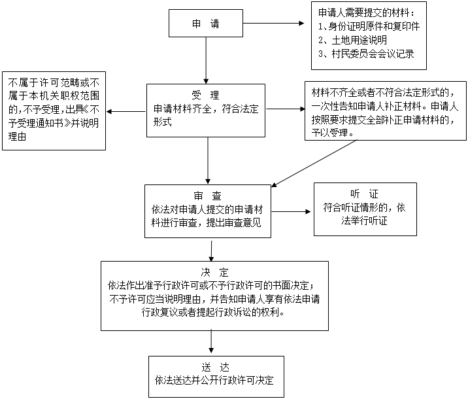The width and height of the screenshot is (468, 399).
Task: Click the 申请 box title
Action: pyautogui.click(x=206, y=24)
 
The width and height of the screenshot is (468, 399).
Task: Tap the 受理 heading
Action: pyautogui.click(x=205, y=95)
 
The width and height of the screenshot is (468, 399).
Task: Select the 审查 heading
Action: pyautogui.click(x=207, y=196)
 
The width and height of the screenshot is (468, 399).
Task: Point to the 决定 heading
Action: pyautogui.click(x=214, y=272)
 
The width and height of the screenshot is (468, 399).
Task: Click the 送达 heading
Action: pyautogui.click(x=215, y=367)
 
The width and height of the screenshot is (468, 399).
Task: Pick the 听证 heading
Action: pyautogui.click(x=364, y=194)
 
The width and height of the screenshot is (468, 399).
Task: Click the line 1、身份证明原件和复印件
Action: pyautogui.click(x=369, y=27)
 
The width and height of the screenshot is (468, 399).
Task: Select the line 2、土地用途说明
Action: pyautogui.click(x=352, y=40)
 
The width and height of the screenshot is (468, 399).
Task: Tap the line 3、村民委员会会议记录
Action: pyautogui.click(x=366, y=54)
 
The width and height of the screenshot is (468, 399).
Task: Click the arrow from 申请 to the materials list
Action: pyautogui.click(x=273, y=24)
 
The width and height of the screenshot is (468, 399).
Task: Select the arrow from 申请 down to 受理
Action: pyautogui.click(x=206, y=60)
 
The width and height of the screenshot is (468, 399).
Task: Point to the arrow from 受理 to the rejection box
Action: pyautogui.click(x=126, y=112)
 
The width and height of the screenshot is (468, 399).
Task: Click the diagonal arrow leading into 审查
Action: pyautogui.click(x=314, y=164)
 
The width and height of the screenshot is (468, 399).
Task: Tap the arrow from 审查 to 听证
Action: pyautogui.click(x=291, y=211)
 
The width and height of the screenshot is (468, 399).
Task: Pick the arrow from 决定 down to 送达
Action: pyautogui.click(x=211, y=341)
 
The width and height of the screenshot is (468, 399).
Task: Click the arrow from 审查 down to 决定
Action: pyautogui.click(x=211, y=251)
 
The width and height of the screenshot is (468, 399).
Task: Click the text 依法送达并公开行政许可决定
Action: pyautogui.click(x=214, y=380)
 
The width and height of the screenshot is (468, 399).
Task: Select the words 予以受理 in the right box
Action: pyautogui.click(x=329, y=132)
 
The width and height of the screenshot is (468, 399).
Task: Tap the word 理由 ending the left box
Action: pyautogui.click(x=17, y=137)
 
